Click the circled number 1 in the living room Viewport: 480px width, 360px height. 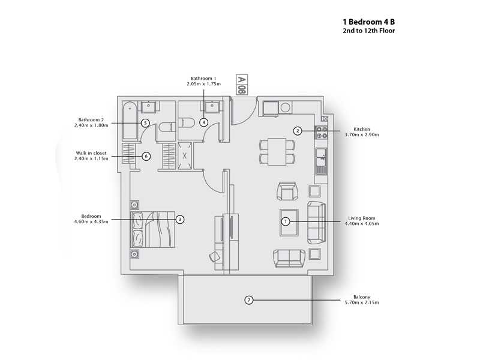pos(286,221)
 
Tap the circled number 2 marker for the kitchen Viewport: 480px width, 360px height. pos(297,131)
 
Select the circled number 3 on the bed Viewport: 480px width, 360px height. pos(180,220)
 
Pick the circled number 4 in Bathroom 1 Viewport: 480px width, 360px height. pos(204,122)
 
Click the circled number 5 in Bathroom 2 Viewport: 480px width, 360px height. pos(145,122)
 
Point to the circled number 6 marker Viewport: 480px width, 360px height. pos(145,156)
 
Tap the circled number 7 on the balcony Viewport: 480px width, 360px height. pos(248,299)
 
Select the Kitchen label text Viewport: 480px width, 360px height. pos(362,129)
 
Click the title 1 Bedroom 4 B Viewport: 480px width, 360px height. pos(368,22)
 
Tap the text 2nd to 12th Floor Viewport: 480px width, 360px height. pos(368,31)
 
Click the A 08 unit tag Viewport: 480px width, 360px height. pos(241,86)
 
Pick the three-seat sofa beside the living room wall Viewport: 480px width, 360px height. pos(316,221)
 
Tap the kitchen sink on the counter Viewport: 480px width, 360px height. pos(322,158)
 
